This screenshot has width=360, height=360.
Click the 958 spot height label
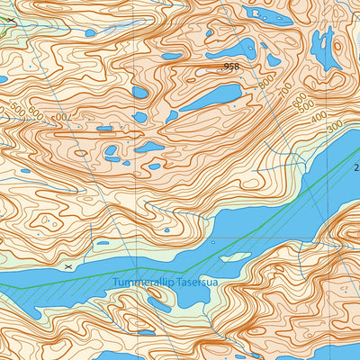231,67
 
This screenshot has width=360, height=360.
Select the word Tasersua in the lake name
196,283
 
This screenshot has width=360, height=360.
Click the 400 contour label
318,117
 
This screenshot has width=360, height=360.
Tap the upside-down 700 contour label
61,117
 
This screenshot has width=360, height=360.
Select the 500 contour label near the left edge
17,110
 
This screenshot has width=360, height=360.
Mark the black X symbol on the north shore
68,267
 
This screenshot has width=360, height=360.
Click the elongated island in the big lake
235,257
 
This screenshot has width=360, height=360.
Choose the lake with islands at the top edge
270,14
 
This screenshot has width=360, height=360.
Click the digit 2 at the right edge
355,167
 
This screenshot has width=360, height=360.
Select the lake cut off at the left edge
4,79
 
